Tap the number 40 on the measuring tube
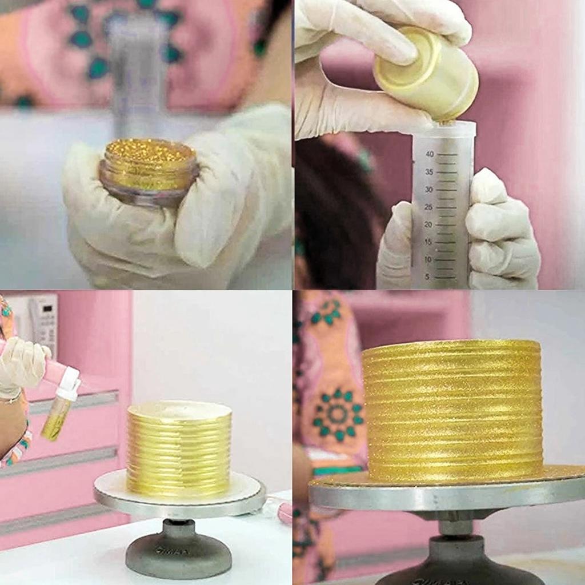[429, 154]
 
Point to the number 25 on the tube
[428, 207]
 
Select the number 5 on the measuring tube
[428, 277]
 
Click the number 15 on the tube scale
[428, 242]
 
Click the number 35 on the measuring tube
[428, 172]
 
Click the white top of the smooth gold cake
[179, 410]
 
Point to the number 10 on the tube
[428, 259]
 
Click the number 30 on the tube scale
[428, 189]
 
